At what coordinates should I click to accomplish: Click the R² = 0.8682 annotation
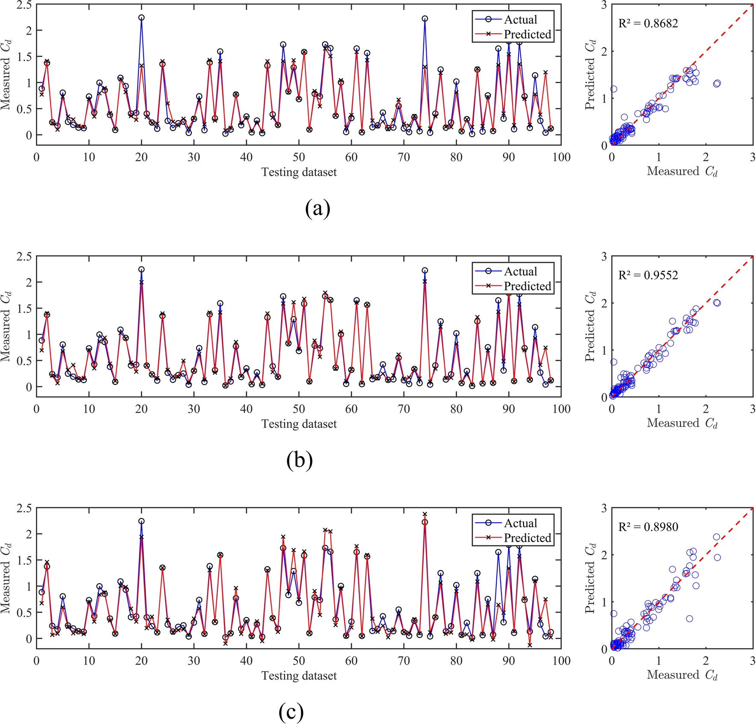pyautogui.click(x=648, y=23)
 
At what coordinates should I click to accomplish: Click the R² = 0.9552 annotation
pyautogui.click(x=648, y=275)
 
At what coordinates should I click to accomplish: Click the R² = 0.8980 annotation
pyautogui.click(x=648, y=526)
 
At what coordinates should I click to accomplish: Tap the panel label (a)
pyautogui.click(x=318, y=209)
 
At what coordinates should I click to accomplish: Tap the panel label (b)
pyautogui.click(x=299, y=460)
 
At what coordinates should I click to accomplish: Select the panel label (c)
pyautogui.click(x=291, y=711)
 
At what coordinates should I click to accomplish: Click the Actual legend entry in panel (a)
pyautogui.click(x=520, y=20)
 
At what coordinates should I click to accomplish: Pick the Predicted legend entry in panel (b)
pyautogui.click(x=527, y=286)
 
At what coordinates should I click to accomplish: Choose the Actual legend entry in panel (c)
pyautogui.click(x=520, y=523)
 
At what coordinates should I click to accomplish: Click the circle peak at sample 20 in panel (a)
pyautogui.click(x=141, y=17)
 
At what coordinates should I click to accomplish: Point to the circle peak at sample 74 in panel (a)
pyautogui.click(x=425, y=19)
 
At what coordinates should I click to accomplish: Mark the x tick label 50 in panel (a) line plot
pyautogui.click(x=299, y=157)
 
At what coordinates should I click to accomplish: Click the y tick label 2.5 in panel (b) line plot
pyautogui.click(x=23, y=256)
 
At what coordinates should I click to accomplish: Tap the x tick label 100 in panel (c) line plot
pyautogui.click(x=561, y=661)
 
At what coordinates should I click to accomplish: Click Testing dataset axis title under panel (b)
pyautogui.click(x=299, y=424)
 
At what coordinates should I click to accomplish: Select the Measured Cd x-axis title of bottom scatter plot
pyautogui.click(x=682, y=675)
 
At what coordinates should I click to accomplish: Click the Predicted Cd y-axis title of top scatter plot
pyautogui.click(x=590, y=76)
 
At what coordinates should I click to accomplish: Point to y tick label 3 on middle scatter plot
pyautogui.click(x=604, y=256)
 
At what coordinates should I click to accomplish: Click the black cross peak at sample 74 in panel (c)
pyautogui.click(x=425, y=514)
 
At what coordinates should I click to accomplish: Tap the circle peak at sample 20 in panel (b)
pyautogui.click(x=141, y=269)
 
